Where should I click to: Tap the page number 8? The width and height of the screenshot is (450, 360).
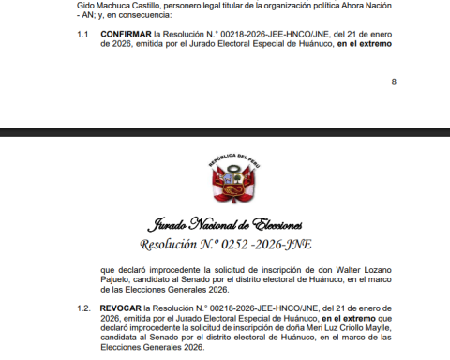point(393,82)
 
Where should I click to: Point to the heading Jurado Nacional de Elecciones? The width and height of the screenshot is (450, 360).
point(224,225)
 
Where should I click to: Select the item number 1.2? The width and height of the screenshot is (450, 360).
point(83,308)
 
